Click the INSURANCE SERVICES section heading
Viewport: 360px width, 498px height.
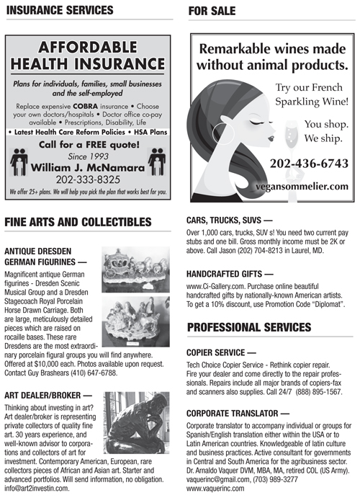(x=58, y=10)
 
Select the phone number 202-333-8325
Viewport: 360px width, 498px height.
(x=88, y=178)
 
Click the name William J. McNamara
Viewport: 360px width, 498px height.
(x=88, y=166)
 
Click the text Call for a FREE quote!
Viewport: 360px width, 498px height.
(x=87, y=144)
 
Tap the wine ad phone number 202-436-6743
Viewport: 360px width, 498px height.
(x=308, y=164)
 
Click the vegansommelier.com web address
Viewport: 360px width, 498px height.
(x=306, y=186)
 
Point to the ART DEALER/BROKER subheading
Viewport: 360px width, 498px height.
(x=48, y=395)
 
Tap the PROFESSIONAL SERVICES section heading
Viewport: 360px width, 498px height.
(x=248, y=328)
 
